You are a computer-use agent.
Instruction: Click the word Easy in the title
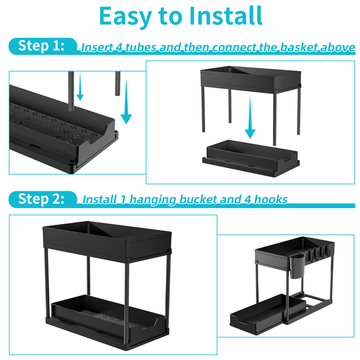pyautogui.click(x=125, y=16)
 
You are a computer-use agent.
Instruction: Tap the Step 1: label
pyautogui.click(x=41, y=46)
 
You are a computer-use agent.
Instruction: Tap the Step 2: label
pyautogui.click(x=41, y=199)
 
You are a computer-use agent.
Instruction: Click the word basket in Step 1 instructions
pyautogui.click(x=299, y=48)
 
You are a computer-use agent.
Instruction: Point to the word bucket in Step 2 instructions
pyautogui.click(x=198, y=199)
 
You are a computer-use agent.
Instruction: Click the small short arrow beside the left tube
pyautogui.click(x=80, y=87)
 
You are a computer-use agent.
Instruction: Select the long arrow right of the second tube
pyautogui.click(x=126, y=102)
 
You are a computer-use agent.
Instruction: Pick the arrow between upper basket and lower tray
pyautogui.click(x=250, y=118)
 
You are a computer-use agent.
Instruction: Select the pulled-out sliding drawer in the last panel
pyautogui.click(x=268, y=313)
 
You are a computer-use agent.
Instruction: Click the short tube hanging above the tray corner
pyautogui.click(x=118, y=84)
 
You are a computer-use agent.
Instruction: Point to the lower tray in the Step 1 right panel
pyautogui.click(x=251, y=158)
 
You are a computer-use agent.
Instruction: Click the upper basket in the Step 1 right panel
pyautogui.click(x=251, y=79)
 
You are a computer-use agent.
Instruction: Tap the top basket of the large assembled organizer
pyautogui.click(x=107, y=241)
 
